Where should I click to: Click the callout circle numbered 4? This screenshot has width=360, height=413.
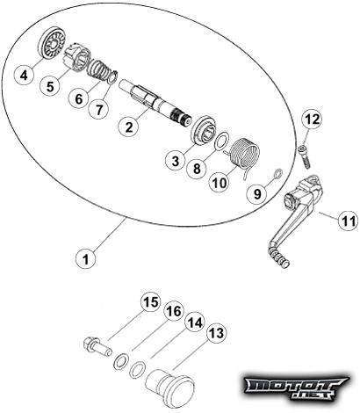tap(24, 76)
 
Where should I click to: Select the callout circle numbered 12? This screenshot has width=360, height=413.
tap(313, 120)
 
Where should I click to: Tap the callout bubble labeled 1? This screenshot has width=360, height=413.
tap(85, 259)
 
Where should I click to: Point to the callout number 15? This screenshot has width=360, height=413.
tap(151, 302)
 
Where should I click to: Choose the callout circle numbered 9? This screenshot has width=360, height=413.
tap(257, 194)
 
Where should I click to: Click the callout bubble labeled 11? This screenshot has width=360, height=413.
tap(349, 221)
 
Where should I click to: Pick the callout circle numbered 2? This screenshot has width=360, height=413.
tap(129, 127)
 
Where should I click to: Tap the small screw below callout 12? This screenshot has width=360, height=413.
tap(304, 157)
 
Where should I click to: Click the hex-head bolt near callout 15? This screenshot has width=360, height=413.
tap(97, 346)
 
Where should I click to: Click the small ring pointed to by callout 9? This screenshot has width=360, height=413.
tap(277, 173)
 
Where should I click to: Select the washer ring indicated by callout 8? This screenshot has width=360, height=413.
tap(221, 141)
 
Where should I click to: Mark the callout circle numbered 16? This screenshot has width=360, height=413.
tap(174, 311)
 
